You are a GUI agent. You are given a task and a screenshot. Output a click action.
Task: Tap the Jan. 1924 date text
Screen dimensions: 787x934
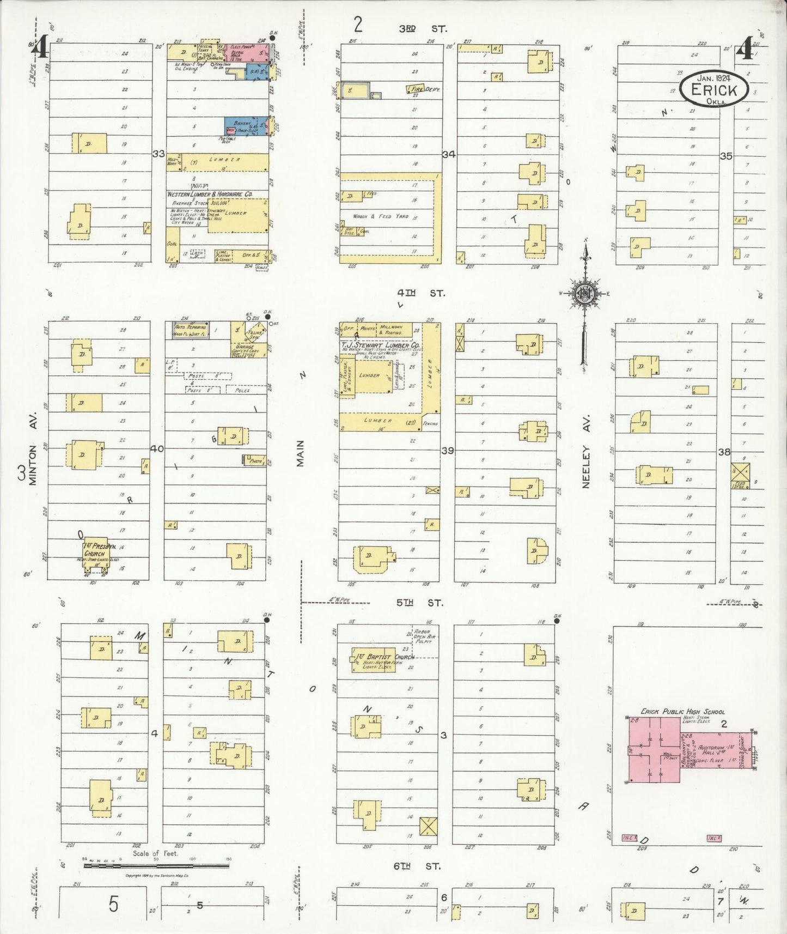click(712, 77)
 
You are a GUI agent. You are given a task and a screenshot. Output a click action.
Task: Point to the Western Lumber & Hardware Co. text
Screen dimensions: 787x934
click(210, 194)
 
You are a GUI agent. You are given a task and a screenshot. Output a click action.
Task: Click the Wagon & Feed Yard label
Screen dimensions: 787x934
click(380, 216)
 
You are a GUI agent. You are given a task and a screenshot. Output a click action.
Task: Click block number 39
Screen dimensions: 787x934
click(447, 451)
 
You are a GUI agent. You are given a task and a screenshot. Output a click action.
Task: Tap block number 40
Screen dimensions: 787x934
click(157, 449)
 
